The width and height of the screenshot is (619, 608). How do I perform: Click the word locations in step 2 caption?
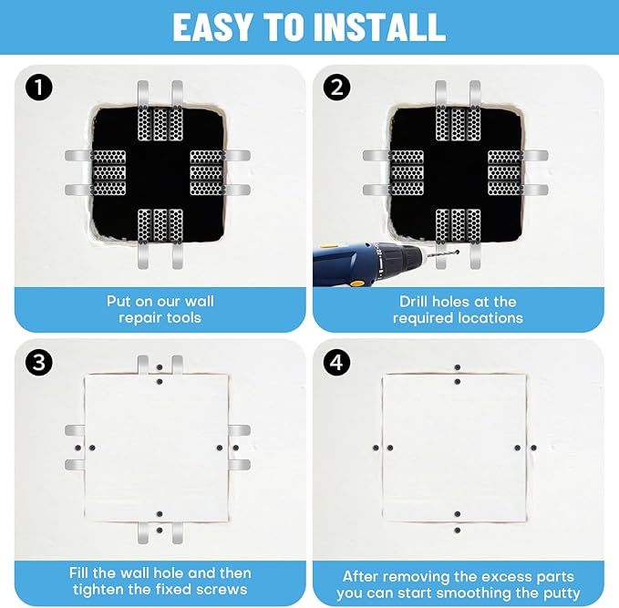pyautogui.click(x=492, y=318)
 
